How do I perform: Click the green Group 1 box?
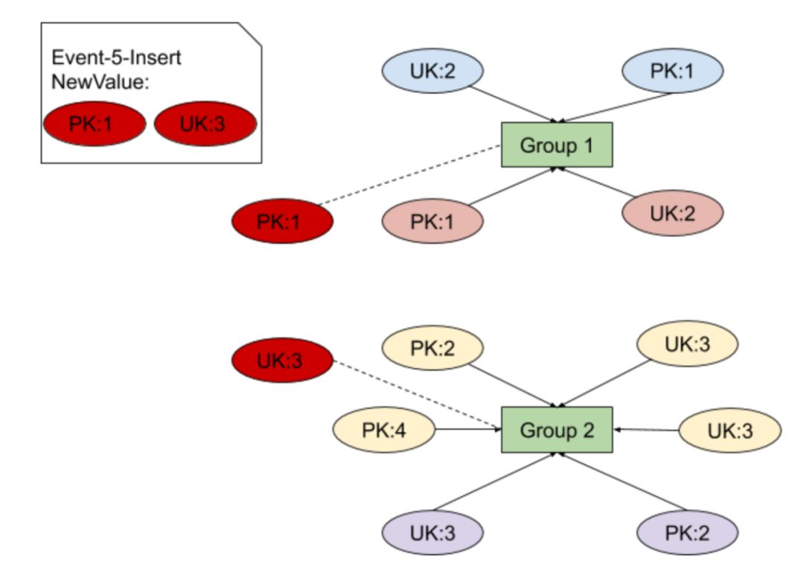(x=557, y=145)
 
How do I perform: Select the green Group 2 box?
(x=557, y=430)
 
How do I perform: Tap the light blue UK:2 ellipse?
(x=433, y=72)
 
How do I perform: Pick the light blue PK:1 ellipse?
(x=673, y=72)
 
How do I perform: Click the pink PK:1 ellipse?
(x=433, y=221)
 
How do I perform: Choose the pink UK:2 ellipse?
(x=673, y=213)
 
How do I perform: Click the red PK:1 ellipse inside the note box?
(x=94, y=124)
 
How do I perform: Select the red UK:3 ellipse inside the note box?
(x=205, y=124)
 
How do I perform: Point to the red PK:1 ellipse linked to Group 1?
(x=282, y=221)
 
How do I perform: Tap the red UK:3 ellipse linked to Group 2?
(x=282, y=361)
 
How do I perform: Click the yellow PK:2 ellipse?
(x=433, y=347)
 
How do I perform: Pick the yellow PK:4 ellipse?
(x=383, y=430)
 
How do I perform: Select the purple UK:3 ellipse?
(x=433, y=533)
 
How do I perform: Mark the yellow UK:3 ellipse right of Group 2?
(x=730, y=430)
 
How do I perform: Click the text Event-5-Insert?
(x=116, y=57)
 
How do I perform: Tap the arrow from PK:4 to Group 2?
(x=468, y=429)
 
